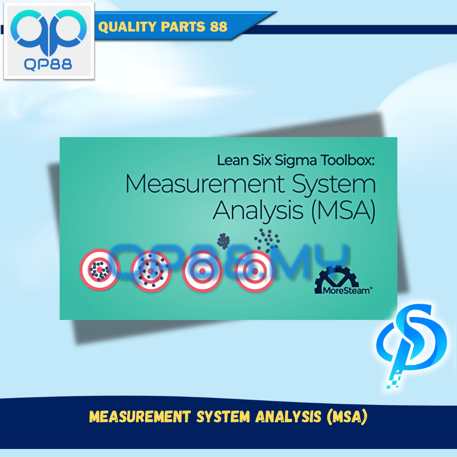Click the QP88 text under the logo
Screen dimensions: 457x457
(48, 64)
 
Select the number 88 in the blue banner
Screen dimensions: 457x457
(219, 27)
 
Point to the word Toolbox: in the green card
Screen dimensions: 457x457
(347, 160)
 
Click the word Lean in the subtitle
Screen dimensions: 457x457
(233, 160)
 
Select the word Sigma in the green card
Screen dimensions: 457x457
(295, 161)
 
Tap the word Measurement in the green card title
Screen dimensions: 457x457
(205, 184)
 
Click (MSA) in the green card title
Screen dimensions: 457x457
(344, 211)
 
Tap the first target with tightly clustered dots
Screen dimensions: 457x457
(100, 270)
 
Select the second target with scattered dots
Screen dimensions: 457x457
(151, 271)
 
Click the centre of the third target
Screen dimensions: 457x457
(202, 271)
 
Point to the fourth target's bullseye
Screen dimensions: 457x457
(254, 271)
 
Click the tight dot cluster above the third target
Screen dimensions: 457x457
(223, 241)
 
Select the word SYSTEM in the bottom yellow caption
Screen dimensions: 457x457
(223, 416)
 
